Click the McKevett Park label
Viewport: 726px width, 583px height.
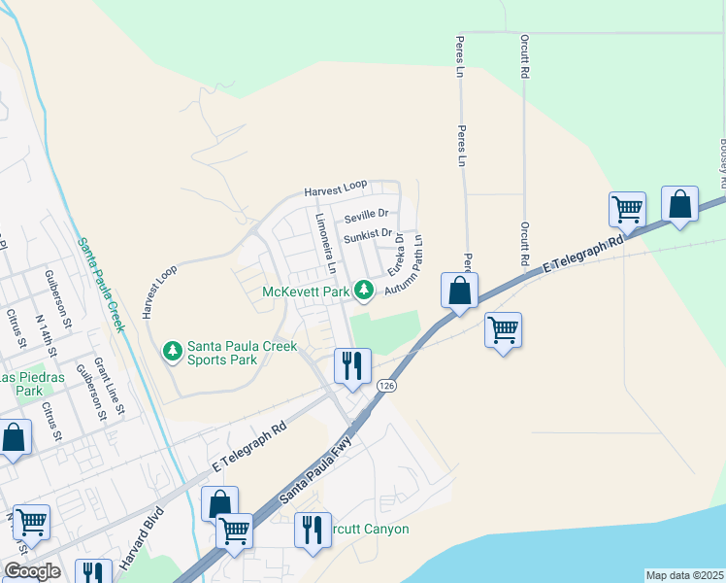(x=306, y=291)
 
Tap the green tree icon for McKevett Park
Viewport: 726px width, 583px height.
(x=364, y=289)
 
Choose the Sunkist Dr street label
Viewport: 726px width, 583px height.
(x=368, y=234)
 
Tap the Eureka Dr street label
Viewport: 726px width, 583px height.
(x=396, y=256)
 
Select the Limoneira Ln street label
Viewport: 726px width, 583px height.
(x=325, y=241)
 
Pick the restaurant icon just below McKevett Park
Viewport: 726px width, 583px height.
(x=351, y=366)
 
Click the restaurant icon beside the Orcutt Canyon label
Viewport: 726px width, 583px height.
(x=312, y=531)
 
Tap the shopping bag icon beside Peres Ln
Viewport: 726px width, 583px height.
(x=459, y=291)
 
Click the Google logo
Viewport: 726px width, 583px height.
(x=32, y=571)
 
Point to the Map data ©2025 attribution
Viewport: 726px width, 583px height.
(x=684, y=575)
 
